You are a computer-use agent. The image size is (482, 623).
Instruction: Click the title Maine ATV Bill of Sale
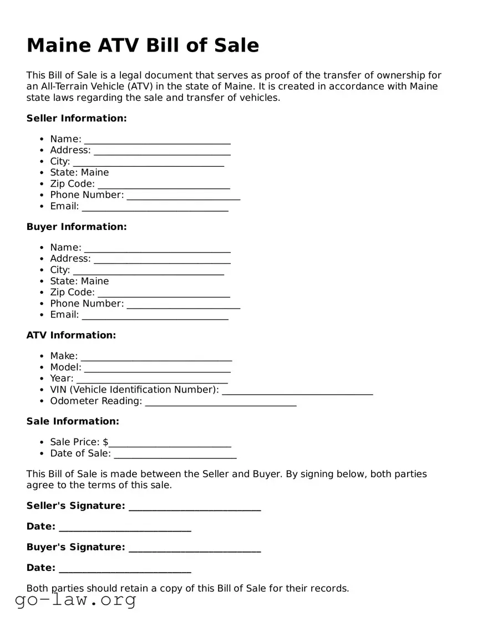pos(143,45)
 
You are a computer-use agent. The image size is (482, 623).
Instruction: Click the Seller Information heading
pos(77,118)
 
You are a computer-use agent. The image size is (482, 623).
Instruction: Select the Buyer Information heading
pos(77,227)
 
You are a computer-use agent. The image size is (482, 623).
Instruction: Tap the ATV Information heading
pos(71,335)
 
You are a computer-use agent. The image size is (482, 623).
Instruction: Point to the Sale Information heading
pos(73,421)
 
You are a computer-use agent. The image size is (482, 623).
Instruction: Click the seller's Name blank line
pos(157,140)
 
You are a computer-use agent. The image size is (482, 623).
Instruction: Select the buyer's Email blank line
pos(155,316)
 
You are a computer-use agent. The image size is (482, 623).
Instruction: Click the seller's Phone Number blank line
pos(183,196)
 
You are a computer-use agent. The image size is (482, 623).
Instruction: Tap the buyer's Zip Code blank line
pos(164,294)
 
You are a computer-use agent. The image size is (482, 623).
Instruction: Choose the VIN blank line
pos(297,391)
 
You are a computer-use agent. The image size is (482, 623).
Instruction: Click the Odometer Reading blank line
pos(221,402)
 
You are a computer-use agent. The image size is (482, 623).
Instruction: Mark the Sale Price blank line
pos(170,443)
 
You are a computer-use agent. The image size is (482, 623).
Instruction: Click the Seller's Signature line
pos(195,507)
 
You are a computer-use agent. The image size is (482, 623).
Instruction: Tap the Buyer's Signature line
pos(195,549)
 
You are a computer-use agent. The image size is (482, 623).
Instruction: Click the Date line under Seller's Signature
pos(125,528)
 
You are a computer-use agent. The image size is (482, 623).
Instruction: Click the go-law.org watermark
pos(75,600)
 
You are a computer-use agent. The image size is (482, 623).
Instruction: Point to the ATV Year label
pos(62,379)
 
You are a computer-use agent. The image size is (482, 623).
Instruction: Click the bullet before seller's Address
pos(42,150)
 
